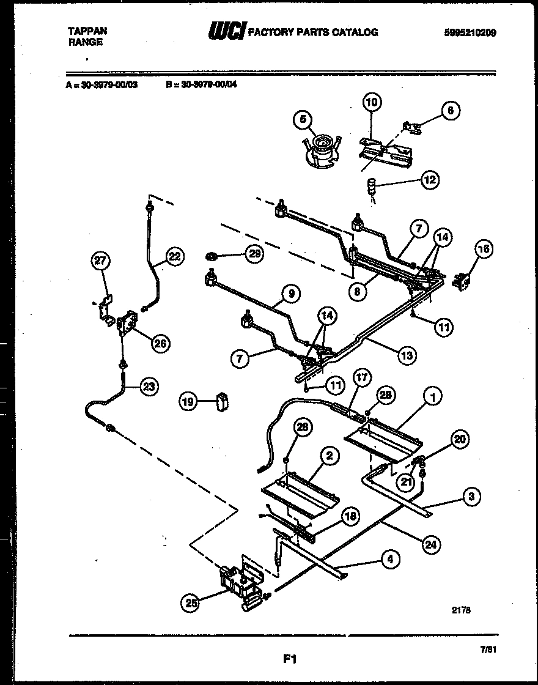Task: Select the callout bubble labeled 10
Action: point(372,102)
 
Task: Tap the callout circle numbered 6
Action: point(451,111)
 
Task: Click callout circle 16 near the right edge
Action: point(484,248)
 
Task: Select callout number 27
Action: point(100,261)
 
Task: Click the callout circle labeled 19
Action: point(189,402)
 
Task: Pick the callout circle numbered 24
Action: point(432,544)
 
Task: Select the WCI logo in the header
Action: point(227,32)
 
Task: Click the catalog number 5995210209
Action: point(470,33)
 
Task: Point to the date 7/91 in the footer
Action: point(487,653)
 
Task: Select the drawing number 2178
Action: point(462,609)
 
